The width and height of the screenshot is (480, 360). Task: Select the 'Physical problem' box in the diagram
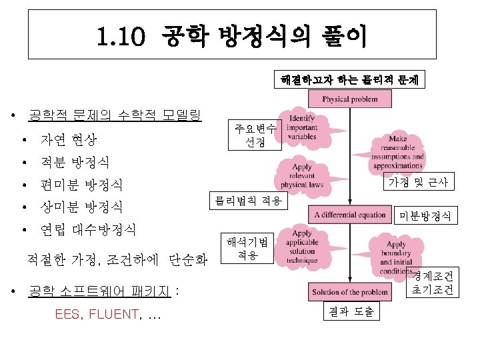(349, 99)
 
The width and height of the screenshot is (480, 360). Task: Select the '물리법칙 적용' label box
(248, 199)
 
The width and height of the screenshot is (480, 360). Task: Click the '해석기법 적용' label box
(247, 248)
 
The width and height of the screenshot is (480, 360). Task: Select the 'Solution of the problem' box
(351, 293)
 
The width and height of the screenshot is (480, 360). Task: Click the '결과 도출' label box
(351, 311)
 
